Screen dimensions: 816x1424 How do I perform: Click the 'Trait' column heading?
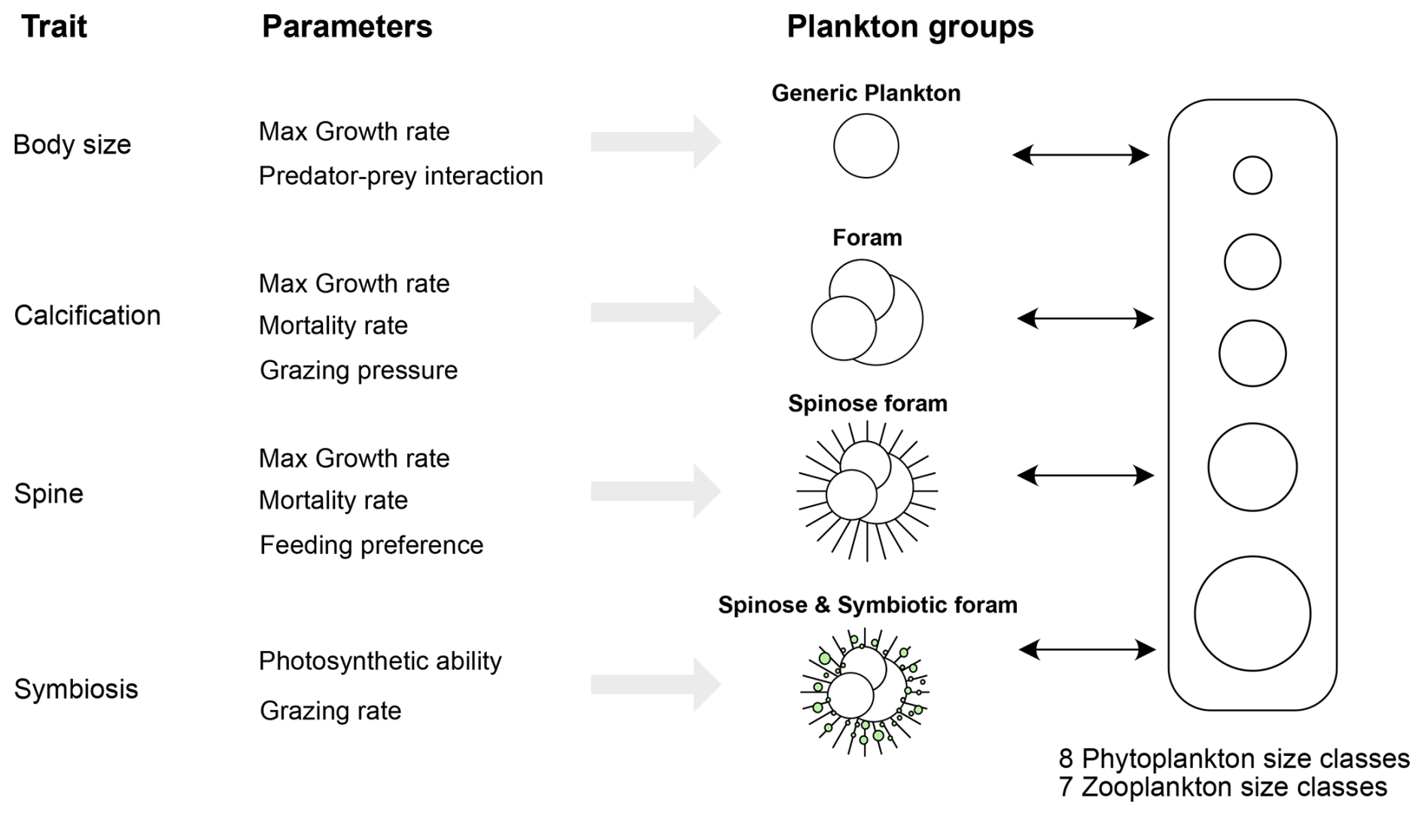pos(54,27)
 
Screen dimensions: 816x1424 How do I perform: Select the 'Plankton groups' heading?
pos(909,27)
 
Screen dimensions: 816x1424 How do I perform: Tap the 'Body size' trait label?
pos(72,145)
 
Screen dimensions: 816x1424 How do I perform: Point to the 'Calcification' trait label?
pos(87,315)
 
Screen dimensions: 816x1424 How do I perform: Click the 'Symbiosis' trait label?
pos(76,689)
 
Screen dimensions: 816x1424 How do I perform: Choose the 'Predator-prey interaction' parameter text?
pos(400,176)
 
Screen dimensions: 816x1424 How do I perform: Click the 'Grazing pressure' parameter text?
pos(358,370)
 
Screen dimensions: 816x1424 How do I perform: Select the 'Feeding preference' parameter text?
pos(371,545)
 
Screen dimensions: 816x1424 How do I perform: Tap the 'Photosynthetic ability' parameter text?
pos(380,661)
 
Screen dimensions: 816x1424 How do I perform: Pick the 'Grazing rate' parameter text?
pos(330,711)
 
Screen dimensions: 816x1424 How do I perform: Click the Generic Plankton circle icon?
pos(866,146)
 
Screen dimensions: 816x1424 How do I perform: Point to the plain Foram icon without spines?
pos(866,313)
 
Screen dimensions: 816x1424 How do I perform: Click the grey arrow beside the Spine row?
pos(655,492)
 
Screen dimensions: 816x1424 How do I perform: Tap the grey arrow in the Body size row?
pos(655,142)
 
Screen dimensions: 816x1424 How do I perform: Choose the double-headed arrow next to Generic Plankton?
pos(1080,155)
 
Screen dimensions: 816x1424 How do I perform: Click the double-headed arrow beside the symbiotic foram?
pos(1087,649)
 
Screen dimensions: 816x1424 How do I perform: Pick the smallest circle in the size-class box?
pos(1252,175)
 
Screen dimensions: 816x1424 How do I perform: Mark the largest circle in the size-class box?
pos(1252,614)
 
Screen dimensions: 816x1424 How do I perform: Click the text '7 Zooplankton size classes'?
pos(1222,787)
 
